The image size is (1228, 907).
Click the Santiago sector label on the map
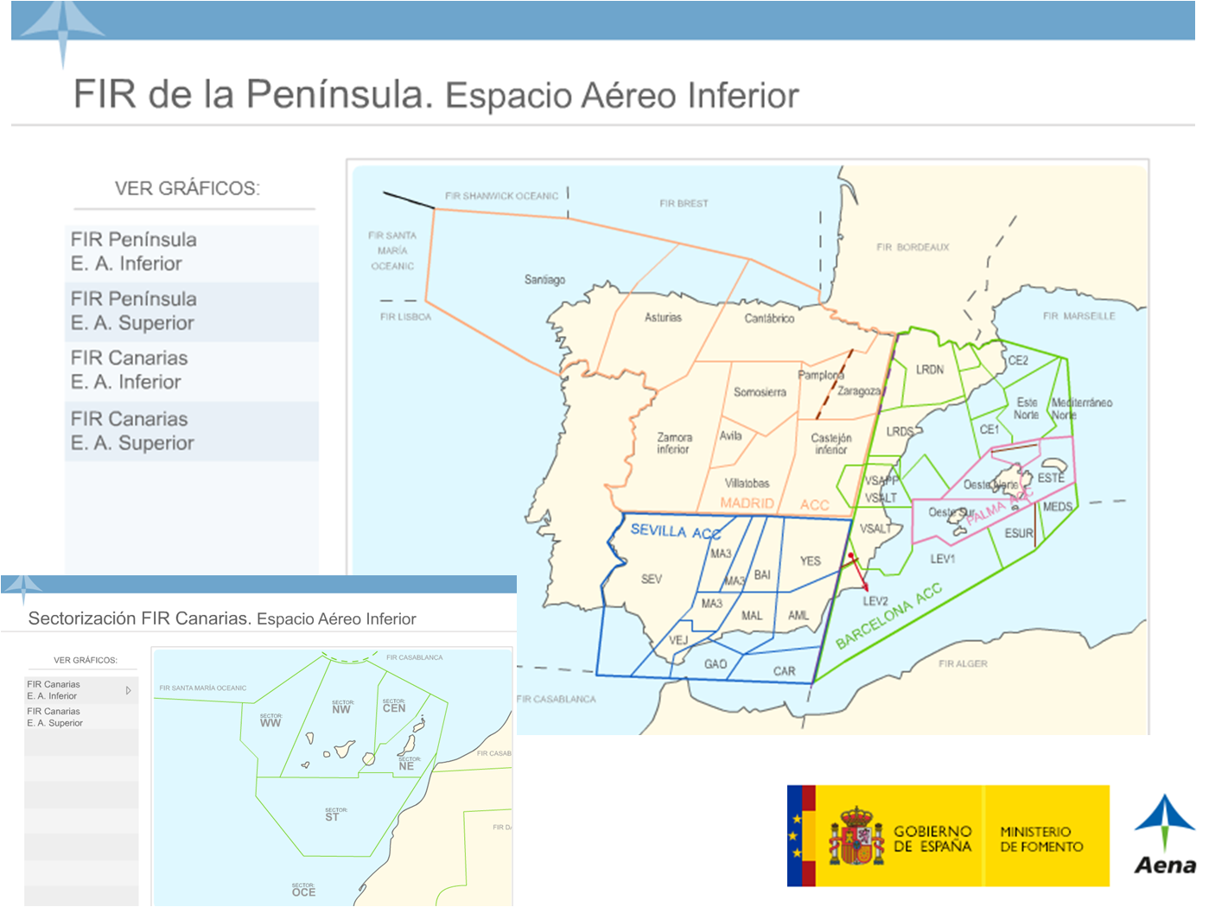point(544,280)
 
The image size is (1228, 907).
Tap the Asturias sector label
point(663,318)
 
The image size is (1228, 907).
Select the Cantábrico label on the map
point(769,319)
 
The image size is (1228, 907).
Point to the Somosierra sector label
point(760,392)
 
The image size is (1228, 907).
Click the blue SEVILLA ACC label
point(675,531)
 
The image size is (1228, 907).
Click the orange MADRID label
point(747,504)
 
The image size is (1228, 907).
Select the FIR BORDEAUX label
point(913,248)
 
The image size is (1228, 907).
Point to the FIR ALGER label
point(963,664)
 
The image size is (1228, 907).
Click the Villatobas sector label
point(747,484)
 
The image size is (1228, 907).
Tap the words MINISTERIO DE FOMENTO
point(1041,839)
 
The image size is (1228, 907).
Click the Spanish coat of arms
point(856,836)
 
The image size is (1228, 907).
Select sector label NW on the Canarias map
point(341,709)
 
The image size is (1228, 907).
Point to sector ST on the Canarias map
point(332,816)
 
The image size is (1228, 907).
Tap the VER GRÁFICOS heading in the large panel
point(187,189)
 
